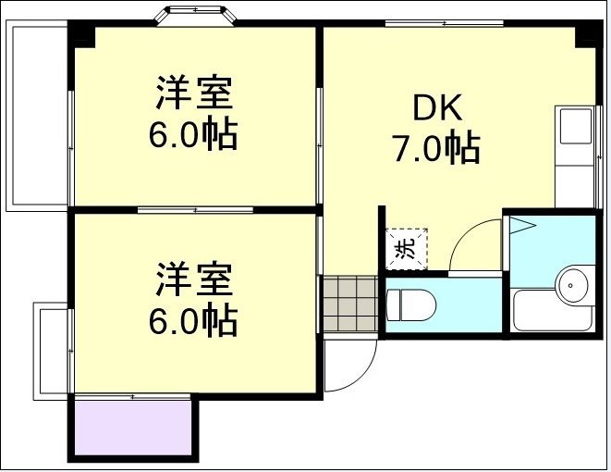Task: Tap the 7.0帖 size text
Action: point(437,148)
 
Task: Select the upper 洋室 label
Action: point(193,95)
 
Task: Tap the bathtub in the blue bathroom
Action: point(553,313)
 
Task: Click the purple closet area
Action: point(132,427)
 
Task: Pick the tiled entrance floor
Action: point(349,303)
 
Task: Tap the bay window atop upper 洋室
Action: point(196,16)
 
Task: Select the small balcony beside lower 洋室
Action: point(54,347)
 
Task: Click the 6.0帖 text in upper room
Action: point(193,136)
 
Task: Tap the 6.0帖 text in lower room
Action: point(193,320)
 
